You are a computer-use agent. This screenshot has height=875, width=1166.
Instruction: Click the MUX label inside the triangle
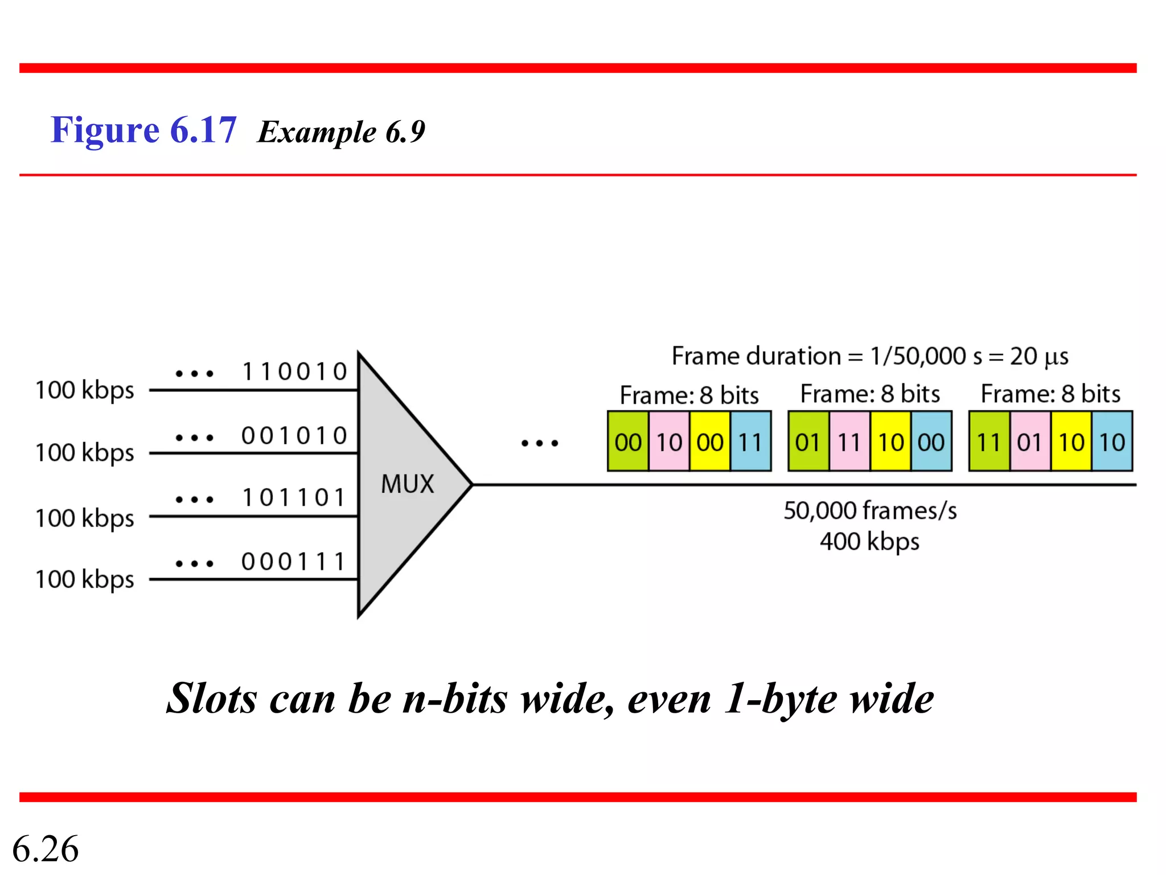pos(407,484)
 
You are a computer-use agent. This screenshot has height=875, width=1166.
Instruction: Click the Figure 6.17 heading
pos(143,130)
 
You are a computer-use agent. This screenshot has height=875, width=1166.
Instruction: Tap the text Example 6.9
pos(341,132)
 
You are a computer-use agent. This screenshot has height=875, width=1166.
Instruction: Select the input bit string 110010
pos(294,372)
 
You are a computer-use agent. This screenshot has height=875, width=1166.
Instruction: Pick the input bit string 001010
pos(294,436)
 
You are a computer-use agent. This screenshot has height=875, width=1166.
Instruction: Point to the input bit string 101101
pos(294,498)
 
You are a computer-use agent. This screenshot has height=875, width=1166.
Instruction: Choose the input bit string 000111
pos(294,562)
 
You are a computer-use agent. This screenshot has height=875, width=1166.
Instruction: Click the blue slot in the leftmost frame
pos(750,442)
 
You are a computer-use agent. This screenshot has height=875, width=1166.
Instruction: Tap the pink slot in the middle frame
pos(849,442)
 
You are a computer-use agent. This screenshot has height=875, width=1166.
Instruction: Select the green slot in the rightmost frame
pos(989,442)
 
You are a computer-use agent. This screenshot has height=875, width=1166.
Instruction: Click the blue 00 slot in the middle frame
pos(931,442)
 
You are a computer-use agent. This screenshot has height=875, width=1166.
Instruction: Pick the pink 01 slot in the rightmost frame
pos(1030,442)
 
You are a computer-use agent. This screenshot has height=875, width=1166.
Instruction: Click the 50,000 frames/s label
pos(870,511)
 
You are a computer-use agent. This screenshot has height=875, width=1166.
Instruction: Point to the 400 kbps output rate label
pos(869,541)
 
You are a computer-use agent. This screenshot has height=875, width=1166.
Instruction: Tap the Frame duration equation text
pos(870,357)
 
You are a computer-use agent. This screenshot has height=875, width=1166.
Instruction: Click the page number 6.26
pos(46,849)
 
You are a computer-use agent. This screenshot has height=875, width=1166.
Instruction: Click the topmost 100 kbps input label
pos(85,391)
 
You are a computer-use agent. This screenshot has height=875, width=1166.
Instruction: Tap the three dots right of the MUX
pos(540,443)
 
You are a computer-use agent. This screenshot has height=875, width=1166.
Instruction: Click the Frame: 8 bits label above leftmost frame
pos(689,395)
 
